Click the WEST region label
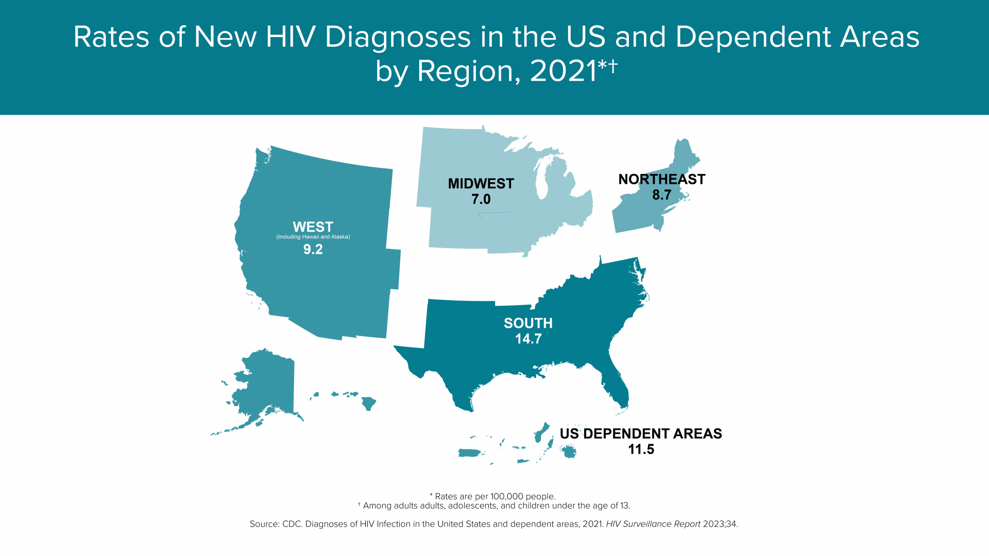point(313,227)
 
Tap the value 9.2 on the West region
point(313,250)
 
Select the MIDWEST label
point(481,184)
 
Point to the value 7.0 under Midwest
point(481,199)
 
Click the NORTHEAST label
point(661,179)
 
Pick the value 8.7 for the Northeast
point(661,195)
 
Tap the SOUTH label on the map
point(528,323)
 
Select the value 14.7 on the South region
point(528,339)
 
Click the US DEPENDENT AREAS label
point(640,433)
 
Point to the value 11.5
point(641,449)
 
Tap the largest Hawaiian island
point(369,403)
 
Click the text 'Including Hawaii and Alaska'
point(313,237)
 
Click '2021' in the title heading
point(562,71)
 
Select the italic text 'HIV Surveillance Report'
point(653,524)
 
